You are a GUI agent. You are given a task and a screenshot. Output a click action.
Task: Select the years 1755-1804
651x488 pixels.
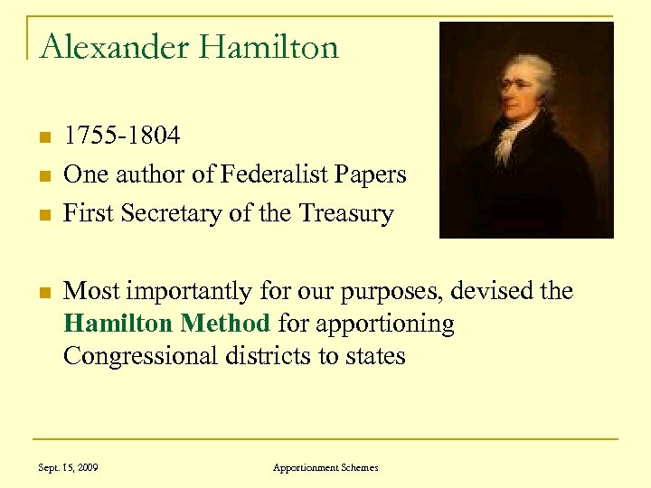click(x=122, y=136)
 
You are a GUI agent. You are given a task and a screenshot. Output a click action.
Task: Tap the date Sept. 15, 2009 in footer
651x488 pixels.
click(x=68, y=467)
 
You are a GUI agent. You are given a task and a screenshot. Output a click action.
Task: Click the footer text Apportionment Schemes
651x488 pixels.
click(x=325, y=467)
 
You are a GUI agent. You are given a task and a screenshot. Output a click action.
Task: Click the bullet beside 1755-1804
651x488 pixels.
click(x=42, y=137)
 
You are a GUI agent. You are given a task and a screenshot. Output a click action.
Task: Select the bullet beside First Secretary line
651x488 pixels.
click(x=42, y=215)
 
